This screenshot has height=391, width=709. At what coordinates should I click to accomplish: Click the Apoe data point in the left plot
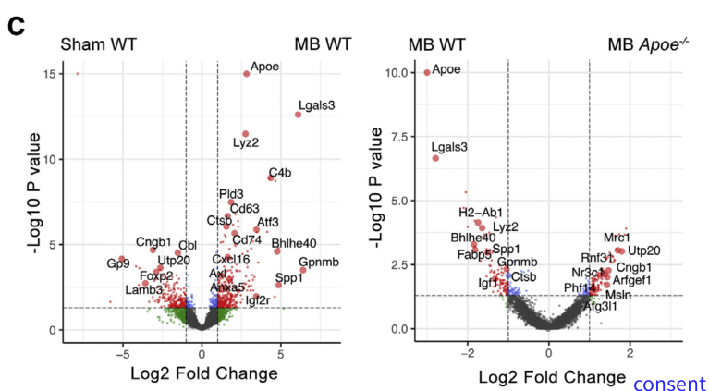pyautogui.click(x=246, y=73)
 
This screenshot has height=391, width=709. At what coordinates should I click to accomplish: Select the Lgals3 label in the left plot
pyautogui.click(x=316, y=104)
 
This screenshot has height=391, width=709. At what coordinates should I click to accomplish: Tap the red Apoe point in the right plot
pyautogui.click(x=426, y=72)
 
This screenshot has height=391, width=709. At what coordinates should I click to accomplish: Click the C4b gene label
pyautogui.click(x=279, y=173)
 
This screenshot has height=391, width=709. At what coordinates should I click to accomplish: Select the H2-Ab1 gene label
pyautogui.click(x=481, y=212)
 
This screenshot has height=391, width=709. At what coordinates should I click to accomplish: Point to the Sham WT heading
pyautogui.click(x=99, y=43)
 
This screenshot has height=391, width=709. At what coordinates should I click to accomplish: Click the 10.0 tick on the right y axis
pyautogui.click(x=400, y=72)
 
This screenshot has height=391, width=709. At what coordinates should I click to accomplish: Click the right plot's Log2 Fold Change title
pyautogui.click(x=550, y=377)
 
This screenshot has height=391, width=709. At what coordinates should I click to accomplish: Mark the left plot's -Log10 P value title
pyautogui.click(x=37, y=194)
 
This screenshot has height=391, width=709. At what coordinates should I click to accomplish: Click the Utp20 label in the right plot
pyautogui.click(x=644, y=250)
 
